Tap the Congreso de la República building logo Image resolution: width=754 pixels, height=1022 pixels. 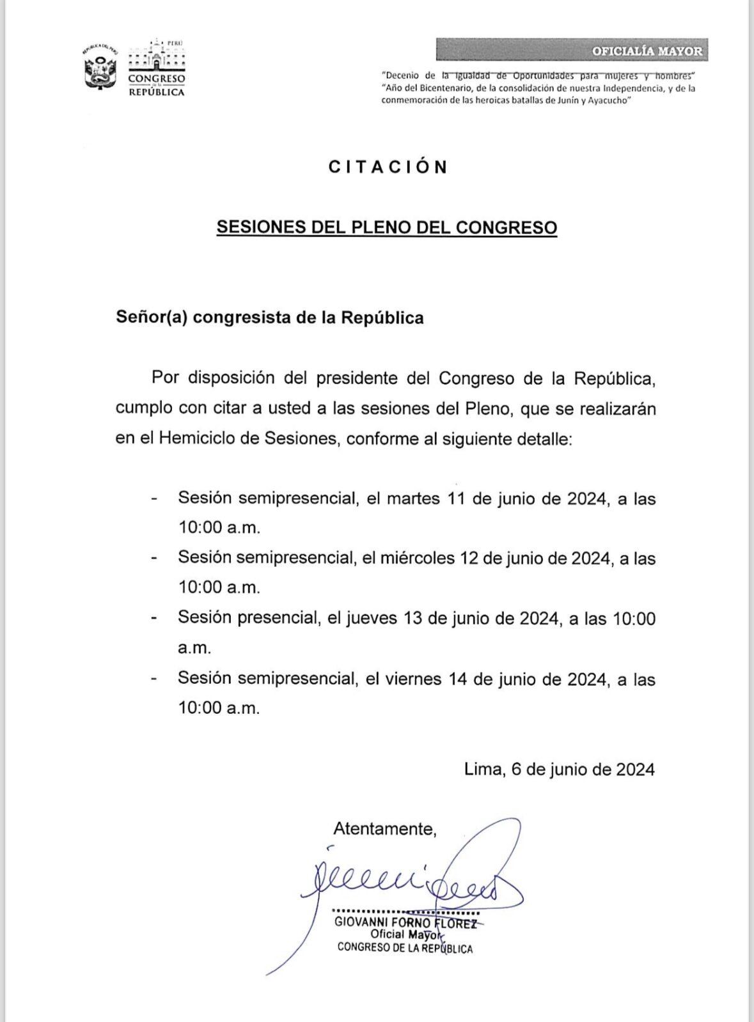tap(157, 68)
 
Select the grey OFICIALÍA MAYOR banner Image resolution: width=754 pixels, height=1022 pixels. tap(572, 50)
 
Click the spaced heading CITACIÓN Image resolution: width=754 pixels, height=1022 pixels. tap(388, 167)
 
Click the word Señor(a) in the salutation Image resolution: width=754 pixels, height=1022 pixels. tap(151, 318)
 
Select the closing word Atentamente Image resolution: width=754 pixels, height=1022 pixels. tap(384, 829)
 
